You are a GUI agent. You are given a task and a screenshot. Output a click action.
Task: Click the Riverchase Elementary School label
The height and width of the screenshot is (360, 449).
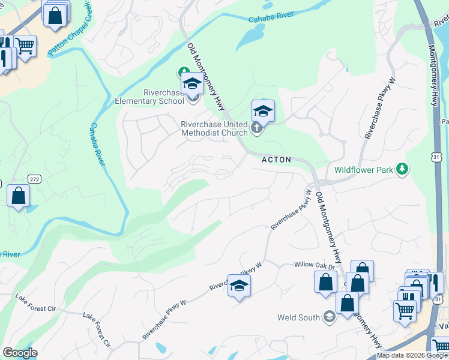[149, 97]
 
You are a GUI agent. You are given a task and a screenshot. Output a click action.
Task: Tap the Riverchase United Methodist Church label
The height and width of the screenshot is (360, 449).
[214, 128]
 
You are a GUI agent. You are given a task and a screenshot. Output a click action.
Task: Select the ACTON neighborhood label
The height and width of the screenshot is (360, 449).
[276, 160]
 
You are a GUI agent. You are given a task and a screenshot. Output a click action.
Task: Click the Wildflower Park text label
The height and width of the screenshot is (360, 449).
[364, 170]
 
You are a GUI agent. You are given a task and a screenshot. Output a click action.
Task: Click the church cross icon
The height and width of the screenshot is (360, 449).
[256, 128]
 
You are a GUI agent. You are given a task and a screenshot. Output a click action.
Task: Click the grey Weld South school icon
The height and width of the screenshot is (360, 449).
[329, 316]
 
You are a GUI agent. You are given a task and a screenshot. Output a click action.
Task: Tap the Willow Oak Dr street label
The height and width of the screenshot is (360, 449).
[312, 264]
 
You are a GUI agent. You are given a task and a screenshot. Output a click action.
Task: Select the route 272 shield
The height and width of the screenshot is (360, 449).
[34, 179]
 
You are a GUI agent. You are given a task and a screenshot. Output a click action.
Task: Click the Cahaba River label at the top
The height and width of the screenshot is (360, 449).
[273, 17]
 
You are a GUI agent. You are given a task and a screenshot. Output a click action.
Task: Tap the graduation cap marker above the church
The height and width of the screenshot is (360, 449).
[263, 111]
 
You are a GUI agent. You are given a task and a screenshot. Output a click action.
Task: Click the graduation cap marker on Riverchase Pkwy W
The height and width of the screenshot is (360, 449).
[239, 286]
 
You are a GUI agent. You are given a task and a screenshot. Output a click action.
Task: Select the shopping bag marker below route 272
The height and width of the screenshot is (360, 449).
[19, 196]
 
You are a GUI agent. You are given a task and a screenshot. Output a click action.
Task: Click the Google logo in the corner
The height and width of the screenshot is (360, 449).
[19, 353]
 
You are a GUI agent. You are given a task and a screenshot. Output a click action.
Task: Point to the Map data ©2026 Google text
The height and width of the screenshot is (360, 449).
[412, 355]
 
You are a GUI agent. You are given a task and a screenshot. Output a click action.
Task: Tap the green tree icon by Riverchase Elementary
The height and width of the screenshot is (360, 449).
[184, 73]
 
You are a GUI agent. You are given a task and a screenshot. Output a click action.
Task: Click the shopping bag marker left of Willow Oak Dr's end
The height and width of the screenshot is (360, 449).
[325, 282]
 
